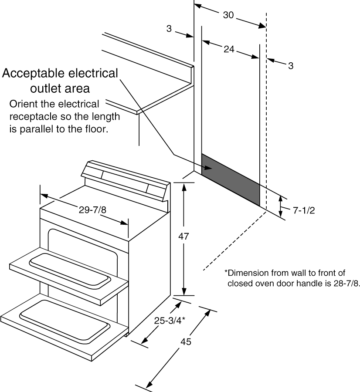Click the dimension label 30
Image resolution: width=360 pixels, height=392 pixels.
228,15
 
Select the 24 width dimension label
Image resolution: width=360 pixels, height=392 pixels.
229,50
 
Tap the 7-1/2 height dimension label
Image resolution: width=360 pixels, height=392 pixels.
303,210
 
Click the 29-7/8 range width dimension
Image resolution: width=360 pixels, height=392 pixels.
92,210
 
